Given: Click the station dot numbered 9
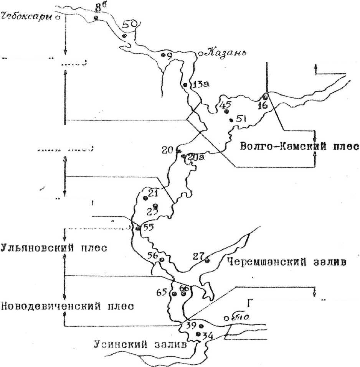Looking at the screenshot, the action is [x=163, y=55].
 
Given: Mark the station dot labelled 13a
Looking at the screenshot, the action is [x=185, y=85].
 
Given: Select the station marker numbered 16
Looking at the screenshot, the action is [x=265, y=97].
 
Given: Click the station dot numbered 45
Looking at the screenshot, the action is [x=226, y=111].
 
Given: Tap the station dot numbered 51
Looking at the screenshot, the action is [x=231, y=120].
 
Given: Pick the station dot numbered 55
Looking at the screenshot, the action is [x=138, y=228].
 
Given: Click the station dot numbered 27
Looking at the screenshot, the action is [x=207, y=261].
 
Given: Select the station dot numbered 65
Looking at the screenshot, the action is [x=174, y=294].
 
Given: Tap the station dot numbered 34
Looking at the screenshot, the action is [x=198, y=334].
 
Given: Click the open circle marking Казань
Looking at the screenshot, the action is [x=200, y=54].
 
